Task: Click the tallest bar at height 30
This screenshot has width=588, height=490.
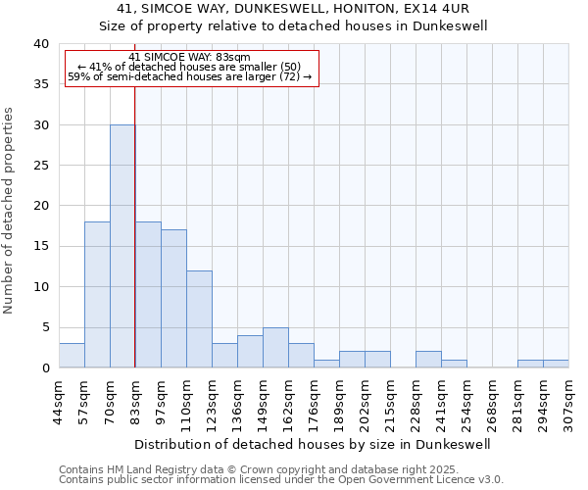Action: (122, 246)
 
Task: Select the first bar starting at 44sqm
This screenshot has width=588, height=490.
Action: (72, 356)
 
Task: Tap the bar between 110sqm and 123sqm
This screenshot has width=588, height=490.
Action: (199, 319)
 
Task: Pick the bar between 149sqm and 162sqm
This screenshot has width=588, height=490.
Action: (275, 348)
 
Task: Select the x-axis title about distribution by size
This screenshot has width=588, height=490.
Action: (314, 444)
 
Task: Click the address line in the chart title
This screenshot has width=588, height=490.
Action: (295, 10)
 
